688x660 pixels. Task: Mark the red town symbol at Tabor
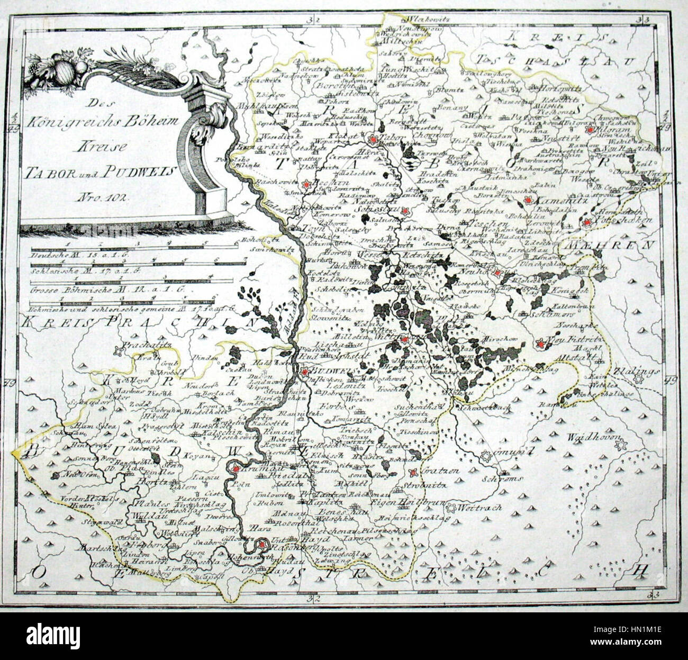click(374, 139)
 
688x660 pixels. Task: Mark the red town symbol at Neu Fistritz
click(540, 345)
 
